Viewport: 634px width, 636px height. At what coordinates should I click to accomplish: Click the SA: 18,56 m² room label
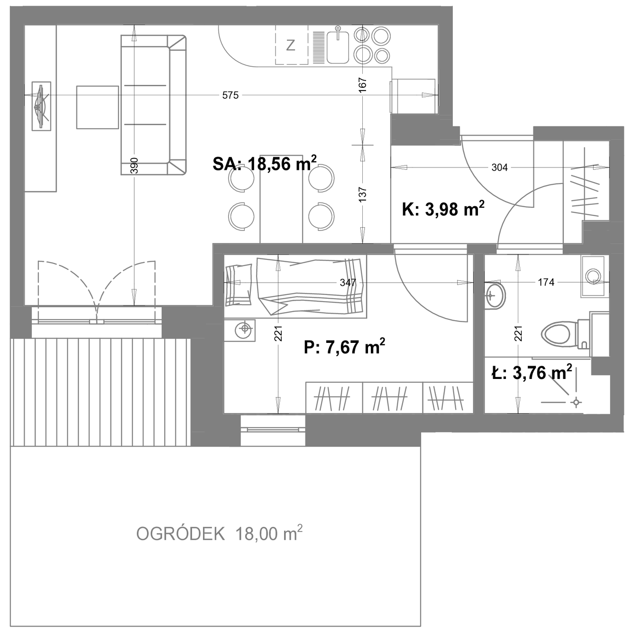pyautogui.click(x=265, y=163)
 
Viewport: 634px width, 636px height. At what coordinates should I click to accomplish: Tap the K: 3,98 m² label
pyautogui.click(x=443, y=209)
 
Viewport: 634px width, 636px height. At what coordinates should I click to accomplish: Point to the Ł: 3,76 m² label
pyautogui.click(x=532, y=373)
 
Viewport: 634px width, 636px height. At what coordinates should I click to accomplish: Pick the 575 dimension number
pyautogui.click(x=230, y=95)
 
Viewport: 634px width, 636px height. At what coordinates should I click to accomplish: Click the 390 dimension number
pyautogui.click(x=134, y=166)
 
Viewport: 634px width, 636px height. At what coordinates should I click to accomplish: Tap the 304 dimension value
pyautogui.click(x=499, y=168)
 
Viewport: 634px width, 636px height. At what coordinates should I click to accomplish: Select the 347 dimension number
pyautogui.click(x=348, y=283)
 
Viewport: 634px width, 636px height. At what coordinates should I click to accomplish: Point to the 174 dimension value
pyautogui.click(x=546, y=282)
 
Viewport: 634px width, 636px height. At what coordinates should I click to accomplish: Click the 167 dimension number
pyautogui.click(x=362, y=85)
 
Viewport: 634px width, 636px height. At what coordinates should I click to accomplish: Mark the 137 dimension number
pyautogui.click(x=362, y=195)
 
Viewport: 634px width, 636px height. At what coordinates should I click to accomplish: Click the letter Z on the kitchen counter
pyautogui.click(x=290, y=45)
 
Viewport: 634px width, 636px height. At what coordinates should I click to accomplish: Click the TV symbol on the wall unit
pyautogui.click(x=41, y=106)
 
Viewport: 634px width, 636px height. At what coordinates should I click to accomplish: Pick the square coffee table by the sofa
pyautogui.click(x=97, y=107)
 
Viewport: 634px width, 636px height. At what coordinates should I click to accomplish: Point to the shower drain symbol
pyautogui.click(x=576, y=402)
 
